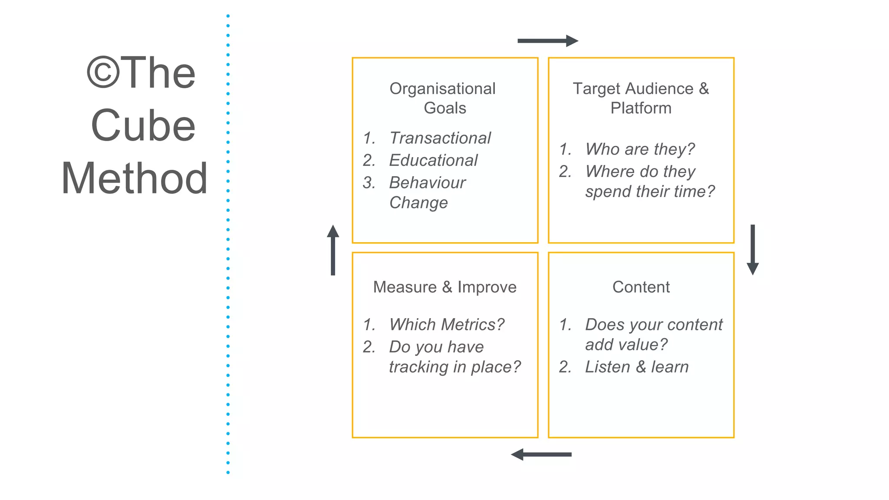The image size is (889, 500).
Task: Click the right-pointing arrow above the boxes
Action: point(547,41)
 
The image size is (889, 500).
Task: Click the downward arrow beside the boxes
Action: point(752,250)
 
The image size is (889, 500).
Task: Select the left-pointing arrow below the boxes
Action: point(541,454)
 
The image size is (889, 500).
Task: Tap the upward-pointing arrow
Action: point(333,250)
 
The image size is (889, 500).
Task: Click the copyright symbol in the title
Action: point(103,73)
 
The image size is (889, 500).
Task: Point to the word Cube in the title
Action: point(143,126)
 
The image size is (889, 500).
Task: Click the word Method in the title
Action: point(135,178)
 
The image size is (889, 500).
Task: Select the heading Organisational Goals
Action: point(443,98)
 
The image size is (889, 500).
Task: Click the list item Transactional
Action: point(440,138)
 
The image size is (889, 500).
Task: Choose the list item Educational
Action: point(433,160)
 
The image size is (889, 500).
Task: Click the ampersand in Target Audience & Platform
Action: point(704,89)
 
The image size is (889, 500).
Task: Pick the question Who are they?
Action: point(639,149)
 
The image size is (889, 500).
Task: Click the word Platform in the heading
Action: point(641,108)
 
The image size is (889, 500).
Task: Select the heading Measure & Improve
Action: point(444,287)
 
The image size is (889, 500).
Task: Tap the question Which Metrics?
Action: point(446,324)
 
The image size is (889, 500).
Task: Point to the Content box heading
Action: point(641,287)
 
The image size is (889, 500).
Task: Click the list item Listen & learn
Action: point(636,367)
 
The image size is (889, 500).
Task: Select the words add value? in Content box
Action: point(626,345)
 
